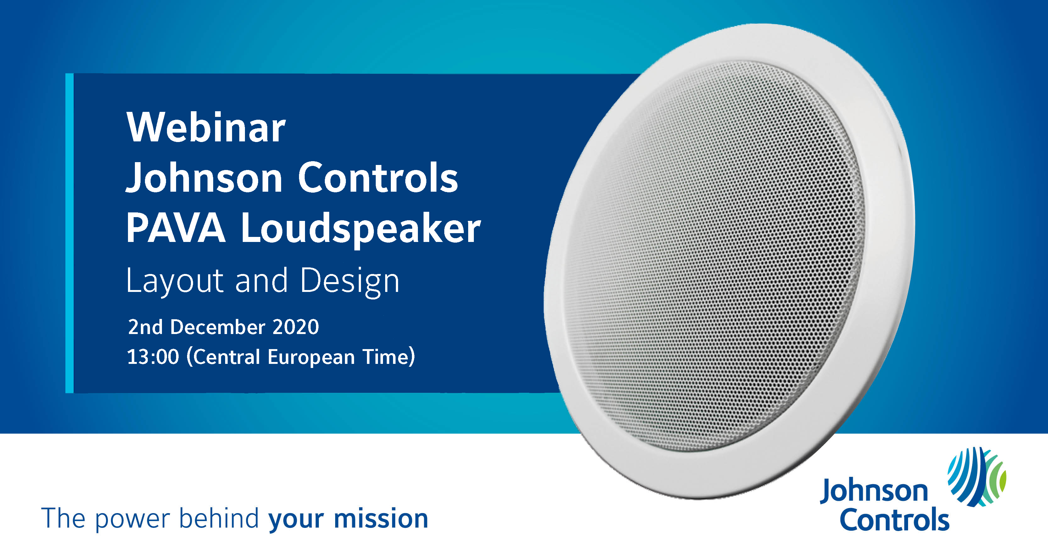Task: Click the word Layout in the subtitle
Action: (175, 281)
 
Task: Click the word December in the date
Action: (218, 327)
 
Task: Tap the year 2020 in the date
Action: (296, 327)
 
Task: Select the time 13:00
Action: (153, 357)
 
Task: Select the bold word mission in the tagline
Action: (381, 519)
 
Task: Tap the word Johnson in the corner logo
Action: (874, 491)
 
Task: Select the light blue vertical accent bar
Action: (69, 233)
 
